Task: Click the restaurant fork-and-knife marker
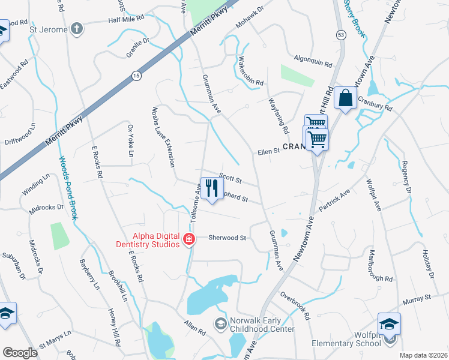[210, 189]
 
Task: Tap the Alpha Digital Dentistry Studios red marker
[188, 240]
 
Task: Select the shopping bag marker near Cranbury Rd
[346, 98]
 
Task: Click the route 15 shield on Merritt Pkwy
[136, 75]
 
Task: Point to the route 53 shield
[340, 35]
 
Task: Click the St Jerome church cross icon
[76, 28]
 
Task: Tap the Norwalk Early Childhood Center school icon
[220, 324]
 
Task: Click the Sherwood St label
[228, 238]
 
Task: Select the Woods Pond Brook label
[67, 188]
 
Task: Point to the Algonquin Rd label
[313, 62]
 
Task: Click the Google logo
[20, 353]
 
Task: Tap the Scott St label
[230, 179]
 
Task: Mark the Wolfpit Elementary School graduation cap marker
[389, 325]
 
